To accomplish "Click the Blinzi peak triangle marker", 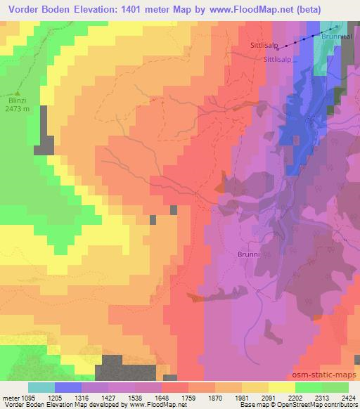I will click(x=18, y=93).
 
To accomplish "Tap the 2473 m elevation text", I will click(x=18, y=109).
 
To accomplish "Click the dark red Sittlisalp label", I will click(x=264, y=45).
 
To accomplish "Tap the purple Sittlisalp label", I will click(x=277, y=60).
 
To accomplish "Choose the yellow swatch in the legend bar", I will click(x=282, y=387).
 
